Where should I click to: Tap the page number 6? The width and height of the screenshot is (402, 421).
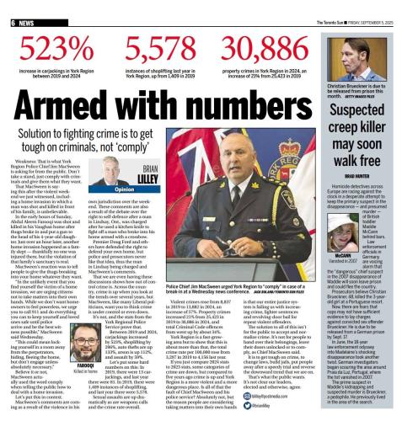pos(6,6)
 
